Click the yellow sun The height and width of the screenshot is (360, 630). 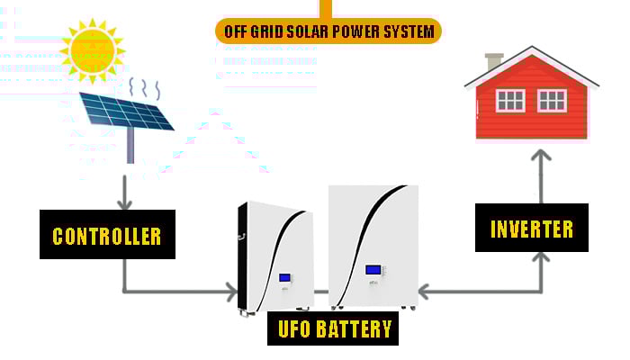[93, 50]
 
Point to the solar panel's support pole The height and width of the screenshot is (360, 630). [130, 146]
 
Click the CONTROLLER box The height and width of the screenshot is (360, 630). [107, 234]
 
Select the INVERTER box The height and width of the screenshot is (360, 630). [532, 228]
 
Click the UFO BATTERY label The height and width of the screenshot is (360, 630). [333, 328]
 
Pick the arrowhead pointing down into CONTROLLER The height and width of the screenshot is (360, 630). [124, 204]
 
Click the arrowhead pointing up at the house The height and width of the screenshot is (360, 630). [541, 155]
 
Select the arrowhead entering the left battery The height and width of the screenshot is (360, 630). [231, 292]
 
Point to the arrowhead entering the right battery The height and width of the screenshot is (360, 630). [424, 292]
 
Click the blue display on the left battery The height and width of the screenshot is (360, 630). [285, 277]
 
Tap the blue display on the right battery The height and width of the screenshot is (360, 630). [373, 270]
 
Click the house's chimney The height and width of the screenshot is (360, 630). [493, 61]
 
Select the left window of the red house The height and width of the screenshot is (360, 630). [510, 101]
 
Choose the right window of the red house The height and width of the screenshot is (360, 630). [552, 101]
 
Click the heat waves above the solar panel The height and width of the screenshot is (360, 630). [145, 88]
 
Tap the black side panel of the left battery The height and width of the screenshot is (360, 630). [243, 257]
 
